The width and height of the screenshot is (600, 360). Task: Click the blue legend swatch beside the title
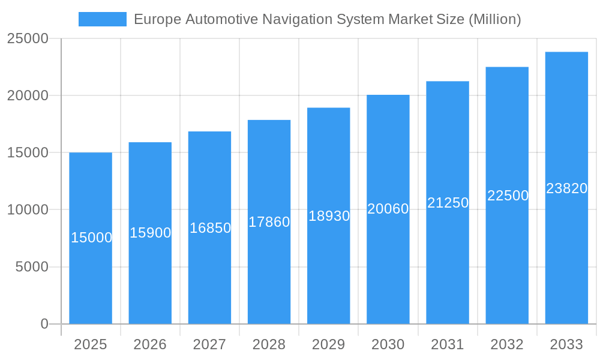pyautogui.click(x=102, y=19)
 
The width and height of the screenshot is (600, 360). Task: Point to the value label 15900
pyautogui.click(x=151, y=233)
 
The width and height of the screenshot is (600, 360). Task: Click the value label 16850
pyautogui.click(x=210, y=228)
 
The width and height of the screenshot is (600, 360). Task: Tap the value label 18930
pyautogui.click(x=329, y=216)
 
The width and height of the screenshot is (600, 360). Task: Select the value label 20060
pyautogui.click(x=388, y=209)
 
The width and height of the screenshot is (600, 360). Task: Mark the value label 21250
pyautogui.click(x=448, y=203)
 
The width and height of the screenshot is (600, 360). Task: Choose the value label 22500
pyautogui.click(x=508, y=196)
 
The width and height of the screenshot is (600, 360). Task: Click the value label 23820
pyautogui.click(x=566, y=188)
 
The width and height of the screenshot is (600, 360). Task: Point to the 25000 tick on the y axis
pyautogui.click(x=28, y=38)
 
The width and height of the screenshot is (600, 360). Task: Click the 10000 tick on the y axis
pyautogui.click(x=28, y=210)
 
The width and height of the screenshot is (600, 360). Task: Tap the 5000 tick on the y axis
pyautogui.click(x=31, y=267)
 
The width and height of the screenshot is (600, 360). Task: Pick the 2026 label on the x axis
pyautogui.click(x=150, y=344)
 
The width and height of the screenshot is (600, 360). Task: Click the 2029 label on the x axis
pyautogui.click(x=329, y=344)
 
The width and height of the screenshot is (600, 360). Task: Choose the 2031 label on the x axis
pyautogui.click(x=448, y=344)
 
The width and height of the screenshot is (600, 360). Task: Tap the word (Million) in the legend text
pyautogui.click(x=494, y=19)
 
